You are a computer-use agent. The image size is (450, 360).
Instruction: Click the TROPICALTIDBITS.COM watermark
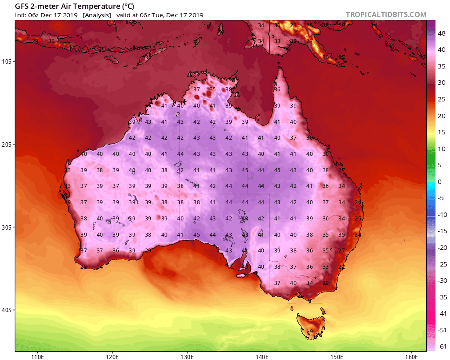tap(386, 14)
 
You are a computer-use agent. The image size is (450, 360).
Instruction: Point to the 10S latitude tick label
tap(7, 61)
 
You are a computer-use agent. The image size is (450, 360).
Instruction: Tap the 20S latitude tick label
tap(7, 144)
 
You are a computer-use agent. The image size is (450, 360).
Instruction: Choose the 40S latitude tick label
tap(7, 310)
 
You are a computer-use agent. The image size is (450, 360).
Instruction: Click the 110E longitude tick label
tap(37, 356)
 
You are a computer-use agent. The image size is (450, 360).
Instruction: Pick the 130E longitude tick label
tap(187, 356)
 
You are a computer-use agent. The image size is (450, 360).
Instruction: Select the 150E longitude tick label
tap(337, 356)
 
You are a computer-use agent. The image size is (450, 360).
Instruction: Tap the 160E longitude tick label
tap(412, 356)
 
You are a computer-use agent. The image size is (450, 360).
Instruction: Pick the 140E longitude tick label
tap(262, 356)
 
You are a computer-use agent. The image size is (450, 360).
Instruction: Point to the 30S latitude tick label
tap(7, 227)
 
